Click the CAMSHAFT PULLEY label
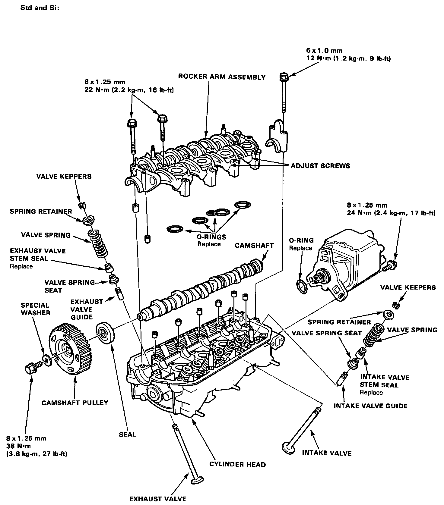coord(75,403)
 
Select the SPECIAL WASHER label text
coord(35,309)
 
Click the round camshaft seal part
coord(105,333)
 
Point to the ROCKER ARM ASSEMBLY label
coord(222,77)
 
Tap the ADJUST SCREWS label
coord(320,166)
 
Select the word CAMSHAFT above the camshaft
coord(254,245)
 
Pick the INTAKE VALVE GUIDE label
coord(370,406)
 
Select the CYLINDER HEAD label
coord(238,464)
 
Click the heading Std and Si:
coord(39,8)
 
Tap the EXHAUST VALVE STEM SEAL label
coord(37,255)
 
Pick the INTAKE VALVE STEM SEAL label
coord(385,381)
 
